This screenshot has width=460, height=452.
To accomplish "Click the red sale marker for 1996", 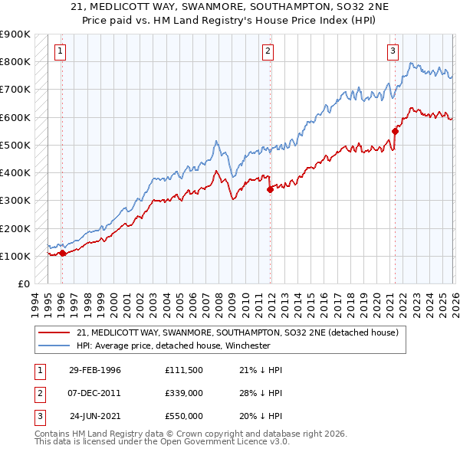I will point(62,253).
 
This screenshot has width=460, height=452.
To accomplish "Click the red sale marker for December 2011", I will point(270,190).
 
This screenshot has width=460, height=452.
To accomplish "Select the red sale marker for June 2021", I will point(396,131).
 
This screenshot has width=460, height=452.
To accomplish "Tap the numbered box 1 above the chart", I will point(60,51).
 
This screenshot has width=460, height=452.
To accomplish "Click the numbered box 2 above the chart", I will point(268,51).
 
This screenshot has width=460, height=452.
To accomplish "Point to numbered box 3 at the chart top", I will point(393,51).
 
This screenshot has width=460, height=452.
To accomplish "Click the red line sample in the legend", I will point(54,333).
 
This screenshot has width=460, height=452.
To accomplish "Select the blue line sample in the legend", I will point(54,346).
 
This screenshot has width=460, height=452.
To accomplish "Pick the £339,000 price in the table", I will point(183,393).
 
